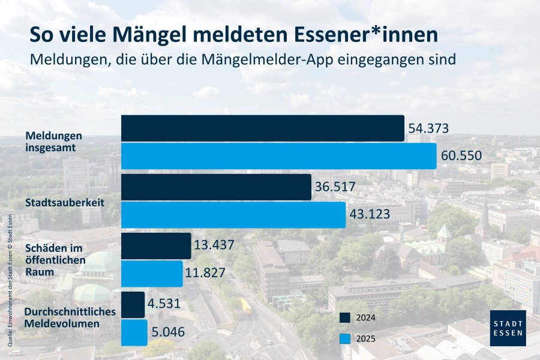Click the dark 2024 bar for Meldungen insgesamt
pyautogui.click(x=262, y=128)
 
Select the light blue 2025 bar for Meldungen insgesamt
pyautogui.click(x=278, y=156)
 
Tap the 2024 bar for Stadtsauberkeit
pyautogui.click(x=216, y=187)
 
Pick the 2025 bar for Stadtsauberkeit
pyautogui.click(x=233, y=214)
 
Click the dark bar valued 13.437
pyautogui.click(x=156, y=245)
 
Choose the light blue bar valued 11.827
pyautogui.click(x=152, y=273)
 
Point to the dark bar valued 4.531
pyautogui.click(x=133, y=304)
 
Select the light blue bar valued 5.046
pyautogui.click(x=134, y=332)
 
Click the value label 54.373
pyautogui.click(x=428, y=128)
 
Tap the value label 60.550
pyautogui.click(x=461, y=156)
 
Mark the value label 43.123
pyautogui.click(x=370, y=214)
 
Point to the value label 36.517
pyautogui.click(x=335, y=187)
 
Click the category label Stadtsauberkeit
pyautogui.click(x=65, y=203)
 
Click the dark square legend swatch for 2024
pyautogui.click(x=344, y=317)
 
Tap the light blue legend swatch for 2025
pyautogui.click(x=344, y=338)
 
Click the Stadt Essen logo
pyautogui.click(x=508, y=328)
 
